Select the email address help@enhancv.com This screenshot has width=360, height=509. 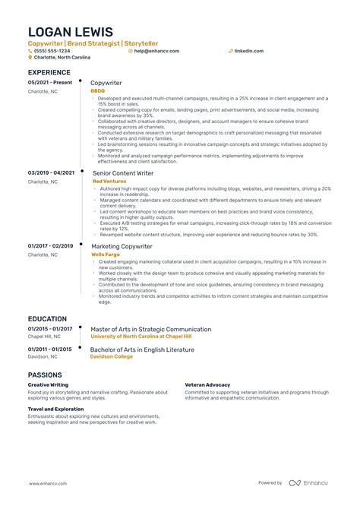(156, 51)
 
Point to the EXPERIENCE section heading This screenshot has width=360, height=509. (54, 72)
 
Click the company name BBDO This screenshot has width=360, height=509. (98, 90)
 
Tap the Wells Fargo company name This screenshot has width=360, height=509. (106, 254)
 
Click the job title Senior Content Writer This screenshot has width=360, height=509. (122, 173)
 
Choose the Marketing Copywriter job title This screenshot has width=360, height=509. (122, 245)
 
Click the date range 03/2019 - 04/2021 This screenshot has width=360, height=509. (52, 173)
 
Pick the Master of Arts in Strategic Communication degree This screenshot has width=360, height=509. (151, 329)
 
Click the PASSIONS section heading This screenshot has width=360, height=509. (50, 375)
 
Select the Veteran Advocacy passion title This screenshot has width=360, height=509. (207, 385)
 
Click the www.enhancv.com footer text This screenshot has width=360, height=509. (49, 482)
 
